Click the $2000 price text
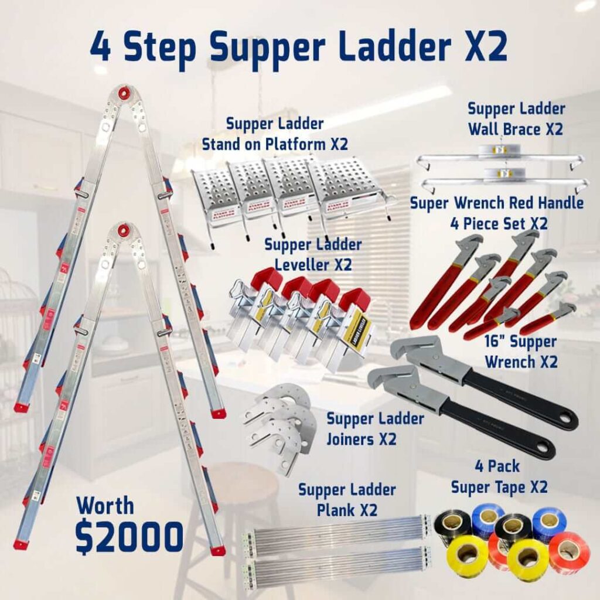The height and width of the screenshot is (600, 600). click(x=129, y=536)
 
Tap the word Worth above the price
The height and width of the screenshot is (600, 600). click(x=105, y=505)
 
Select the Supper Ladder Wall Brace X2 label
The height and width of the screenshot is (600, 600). click(x=516, y=118)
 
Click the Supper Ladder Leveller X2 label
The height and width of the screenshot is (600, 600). click(x=313, y=254)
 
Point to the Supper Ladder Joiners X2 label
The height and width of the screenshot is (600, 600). click(x=375, y=428)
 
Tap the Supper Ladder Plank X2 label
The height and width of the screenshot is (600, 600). click(x=347, y=499)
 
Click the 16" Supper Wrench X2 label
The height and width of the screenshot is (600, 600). click(x=520, y=352)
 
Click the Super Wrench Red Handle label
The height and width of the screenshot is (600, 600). click(x=496, y=213)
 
